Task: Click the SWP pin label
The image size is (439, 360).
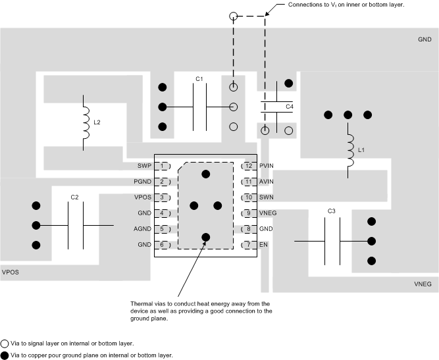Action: pyautogui.click(x=144, y=166)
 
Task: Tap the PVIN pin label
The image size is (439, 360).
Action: pyautogui.click(x=267, y=166)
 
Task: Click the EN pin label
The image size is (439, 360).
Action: pyautogui.click(x=263, y=245)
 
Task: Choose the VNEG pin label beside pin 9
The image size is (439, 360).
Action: pyautogui.click(x=268, y=213)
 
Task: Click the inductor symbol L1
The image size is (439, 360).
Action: pyautogui.click(x=350, y=151)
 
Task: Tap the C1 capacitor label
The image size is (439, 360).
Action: pyautogui.click(x=199, y=79)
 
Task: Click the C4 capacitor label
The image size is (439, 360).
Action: pyautogui.click(x=289, y=106)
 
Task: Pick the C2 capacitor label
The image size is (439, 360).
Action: pyautogui.click(x=74, y=197)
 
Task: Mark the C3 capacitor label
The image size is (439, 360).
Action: pyautogui.click(x=331, y=211)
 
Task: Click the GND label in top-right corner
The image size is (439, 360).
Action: pyautogui.click(x=425, y=39)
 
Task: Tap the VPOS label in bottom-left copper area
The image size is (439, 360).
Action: pyautogui.click(x=11, y=271)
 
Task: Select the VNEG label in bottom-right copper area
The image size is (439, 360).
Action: pyautogui.click(x=423, y=284)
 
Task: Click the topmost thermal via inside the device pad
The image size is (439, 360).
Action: pyautogui.click(x=206, y=174)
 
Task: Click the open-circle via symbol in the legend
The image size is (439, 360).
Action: pyautogui.click(x=5, y=344)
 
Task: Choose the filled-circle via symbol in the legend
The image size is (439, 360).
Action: pyautogui.click(x=5, y=355)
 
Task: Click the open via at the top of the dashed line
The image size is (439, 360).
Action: pyautogui.click(x=232, y=16)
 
